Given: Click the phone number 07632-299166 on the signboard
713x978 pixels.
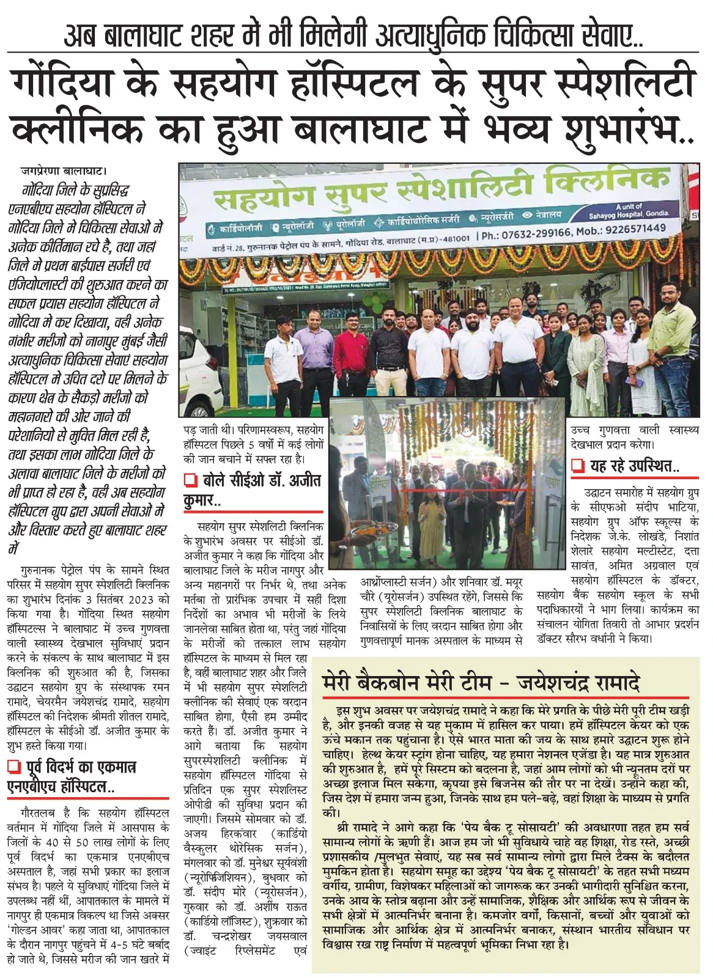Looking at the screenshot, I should tap(534, 232).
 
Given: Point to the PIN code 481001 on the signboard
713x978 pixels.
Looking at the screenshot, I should tap(456, 238).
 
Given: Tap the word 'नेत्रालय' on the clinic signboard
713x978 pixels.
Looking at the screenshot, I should tap(545, 215).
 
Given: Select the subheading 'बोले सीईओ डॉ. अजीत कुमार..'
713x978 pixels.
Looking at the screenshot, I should tap(253, 490).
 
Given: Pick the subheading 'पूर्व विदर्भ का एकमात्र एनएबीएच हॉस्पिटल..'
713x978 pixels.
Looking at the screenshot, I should tap(72, 776).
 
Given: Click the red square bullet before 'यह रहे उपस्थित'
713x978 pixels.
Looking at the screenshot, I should tap(577, 467).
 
